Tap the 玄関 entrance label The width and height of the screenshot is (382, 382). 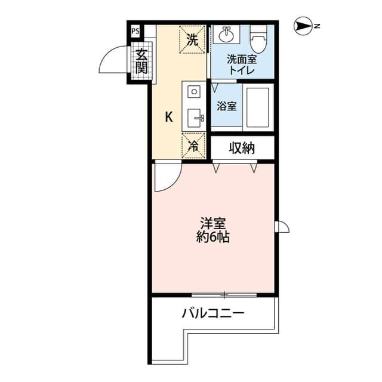141,61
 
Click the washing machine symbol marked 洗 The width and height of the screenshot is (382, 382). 192,39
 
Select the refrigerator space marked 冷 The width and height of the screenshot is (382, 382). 193,144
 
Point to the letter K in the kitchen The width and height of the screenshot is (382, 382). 169,117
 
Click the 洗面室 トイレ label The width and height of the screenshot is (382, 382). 241,64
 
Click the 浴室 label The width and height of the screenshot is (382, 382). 226,107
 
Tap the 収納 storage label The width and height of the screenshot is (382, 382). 242,147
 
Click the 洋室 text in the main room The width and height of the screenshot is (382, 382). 213,224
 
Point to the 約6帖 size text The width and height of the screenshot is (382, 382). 213,237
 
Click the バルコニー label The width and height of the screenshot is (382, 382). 213,312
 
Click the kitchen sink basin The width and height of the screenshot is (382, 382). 194,117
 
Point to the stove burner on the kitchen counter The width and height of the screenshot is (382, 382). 194,92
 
